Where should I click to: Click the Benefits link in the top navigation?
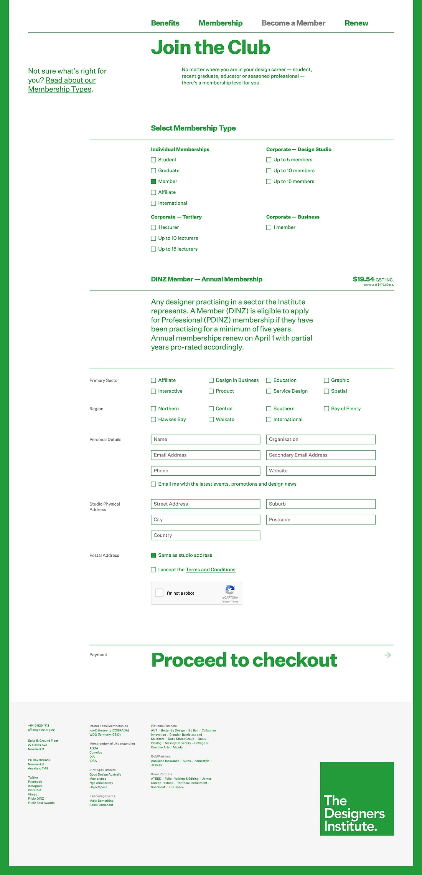(x=165, y=23)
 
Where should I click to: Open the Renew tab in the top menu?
(x=356, y=23)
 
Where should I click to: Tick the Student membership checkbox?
(x=153, y=160)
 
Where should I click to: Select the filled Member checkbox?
(x=153, y=182)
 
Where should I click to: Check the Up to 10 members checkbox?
(x=269, y=171)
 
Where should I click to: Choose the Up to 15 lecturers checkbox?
(x=153, y=249)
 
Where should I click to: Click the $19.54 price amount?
(x=363, y=279)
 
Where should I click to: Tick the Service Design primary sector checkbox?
(x=269, y=391)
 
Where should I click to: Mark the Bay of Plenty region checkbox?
(x=326, y=409)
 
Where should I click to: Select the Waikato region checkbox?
(x=211, y=420)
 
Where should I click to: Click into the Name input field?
(x=206, y=439)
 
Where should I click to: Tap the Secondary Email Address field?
(x=321, y=455)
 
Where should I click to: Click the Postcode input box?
(x=321, y=519)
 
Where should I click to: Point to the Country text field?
(x=206, y=535)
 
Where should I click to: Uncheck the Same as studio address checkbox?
(x=153, y=555)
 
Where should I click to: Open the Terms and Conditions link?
(x=211, y=570)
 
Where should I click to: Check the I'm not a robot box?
(x=159, y=593)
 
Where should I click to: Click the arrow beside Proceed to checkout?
(x=387, y=655)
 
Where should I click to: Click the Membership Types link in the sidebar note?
(x=60, y=89)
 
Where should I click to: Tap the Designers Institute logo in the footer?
(x=357, y=799)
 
